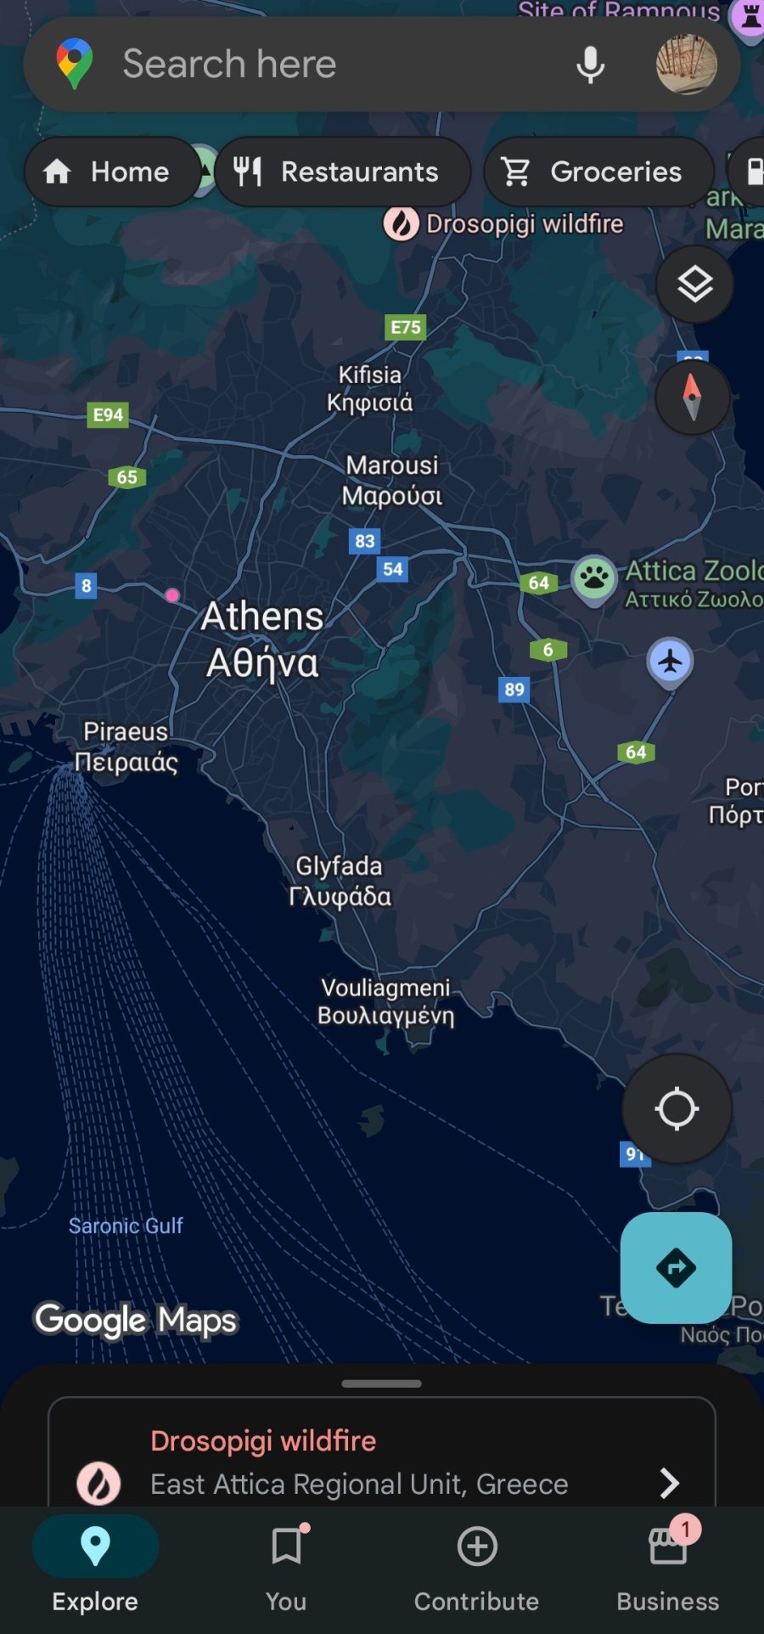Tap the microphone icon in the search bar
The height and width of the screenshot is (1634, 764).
[590, 65]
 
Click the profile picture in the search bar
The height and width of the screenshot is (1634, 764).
[686, 65]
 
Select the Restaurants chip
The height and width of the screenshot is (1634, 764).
[342, 172]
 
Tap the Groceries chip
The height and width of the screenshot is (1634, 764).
[598, 172]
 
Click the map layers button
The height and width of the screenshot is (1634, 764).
[694, 285]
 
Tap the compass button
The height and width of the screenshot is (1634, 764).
[693, 397]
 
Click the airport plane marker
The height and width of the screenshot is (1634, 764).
[671, 662]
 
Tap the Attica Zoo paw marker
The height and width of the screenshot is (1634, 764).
[594, 578]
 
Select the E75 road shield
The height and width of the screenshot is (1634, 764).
[406, 327]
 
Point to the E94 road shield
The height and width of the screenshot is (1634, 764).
[108, 414]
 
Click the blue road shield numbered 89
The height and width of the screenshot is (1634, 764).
[514, 689]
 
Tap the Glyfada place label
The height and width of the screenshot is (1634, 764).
[340, 881]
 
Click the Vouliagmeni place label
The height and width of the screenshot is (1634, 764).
[386, 1001]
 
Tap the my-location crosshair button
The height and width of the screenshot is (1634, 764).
[677, 1108]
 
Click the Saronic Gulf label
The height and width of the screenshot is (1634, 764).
[126, 1225]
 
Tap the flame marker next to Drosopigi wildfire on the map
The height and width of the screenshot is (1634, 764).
[401, 224]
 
